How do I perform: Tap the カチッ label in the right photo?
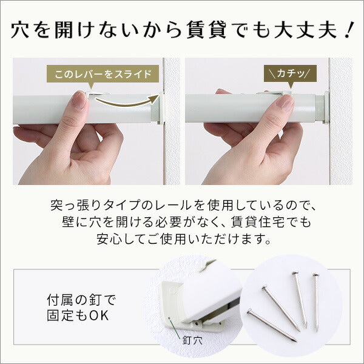pyautogui.click(x=291, y=75)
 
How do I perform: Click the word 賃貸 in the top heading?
pyautogui.click(x=215, y=29)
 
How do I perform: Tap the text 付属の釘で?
pyautogui.click(x=80, y=300)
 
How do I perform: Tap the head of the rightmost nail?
pyautogui.click(x=315, y=277)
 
